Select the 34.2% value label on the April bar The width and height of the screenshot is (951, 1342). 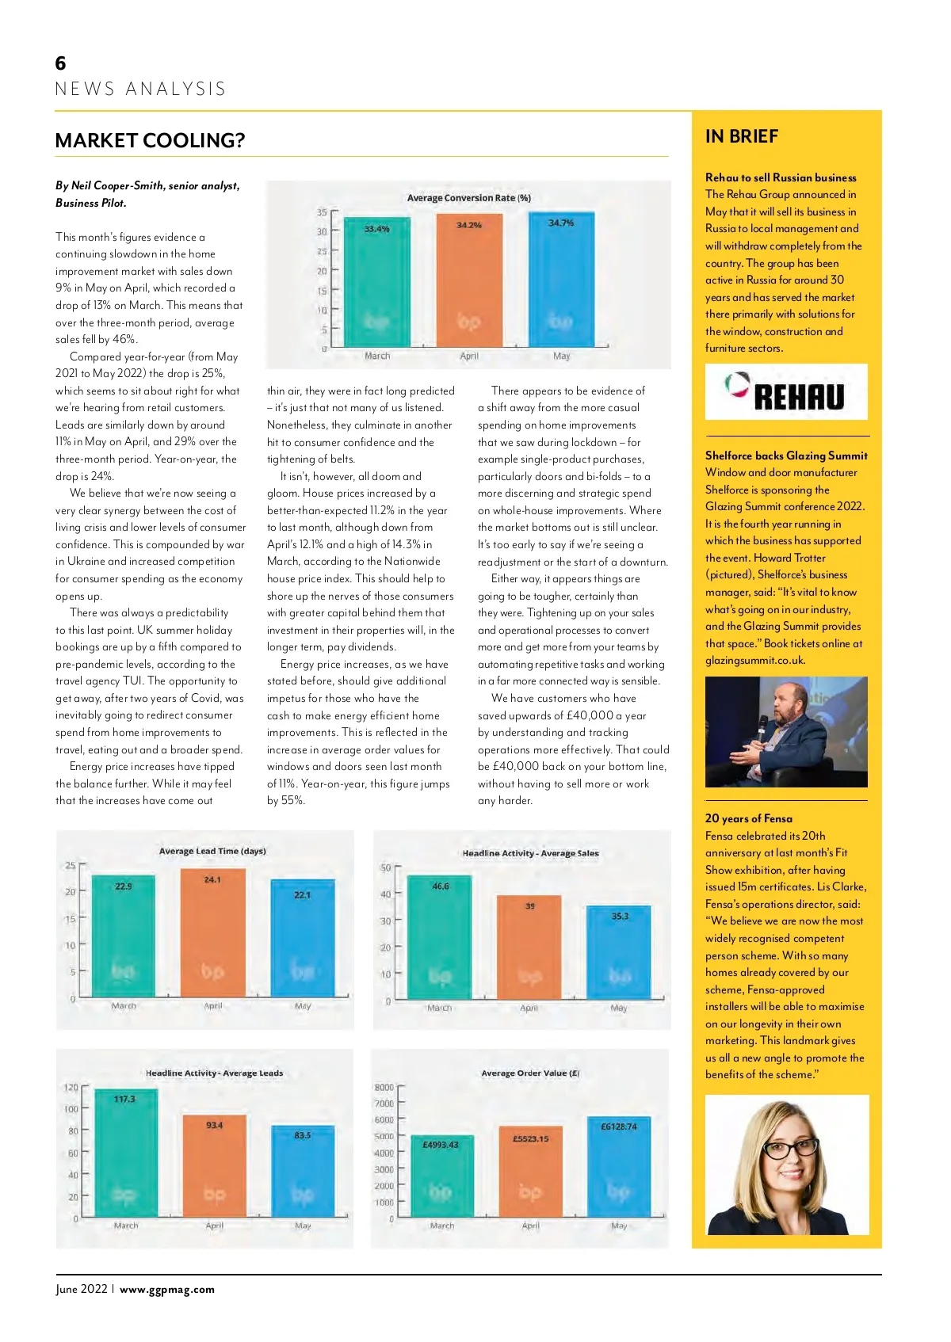click(x=469, y=225)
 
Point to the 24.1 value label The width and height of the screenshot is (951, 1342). click(x=212, y=879)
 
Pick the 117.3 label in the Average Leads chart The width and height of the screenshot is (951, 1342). click(x=124, y=1099)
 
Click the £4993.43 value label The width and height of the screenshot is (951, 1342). click(x=441, y=1145)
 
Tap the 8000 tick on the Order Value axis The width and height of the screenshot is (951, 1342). click(x=384, y=1088)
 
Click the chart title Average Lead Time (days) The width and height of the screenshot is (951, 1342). click(x=212, y=851)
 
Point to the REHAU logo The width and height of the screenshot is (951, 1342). click(x=786, y=392)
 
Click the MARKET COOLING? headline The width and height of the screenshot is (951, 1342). click(x=150, y=141)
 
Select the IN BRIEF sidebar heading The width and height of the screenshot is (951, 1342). click(x=742, y=136)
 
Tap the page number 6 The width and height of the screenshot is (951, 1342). click(x=60, y=63)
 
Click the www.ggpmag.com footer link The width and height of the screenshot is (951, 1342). click(x=167, y=1289)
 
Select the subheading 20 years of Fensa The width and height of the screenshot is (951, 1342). click(x=748, y=818)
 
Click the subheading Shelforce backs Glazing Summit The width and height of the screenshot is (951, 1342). click(x=786, y=456)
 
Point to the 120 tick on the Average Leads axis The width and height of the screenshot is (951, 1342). click(x=71, y=1088)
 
